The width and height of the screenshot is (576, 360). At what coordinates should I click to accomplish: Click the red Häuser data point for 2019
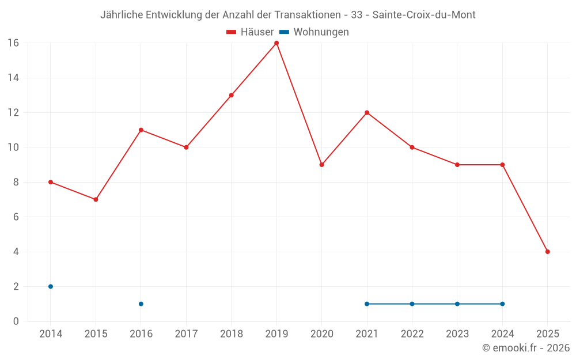tap(276, 43)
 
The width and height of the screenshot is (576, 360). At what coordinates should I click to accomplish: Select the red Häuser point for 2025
tap(547, 252)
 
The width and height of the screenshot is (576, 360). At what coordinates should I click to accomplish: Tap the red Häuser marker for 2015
tap(96, 199)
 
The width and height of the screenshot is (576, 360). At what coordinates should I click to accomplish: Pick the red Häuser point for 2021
tap(367, 112)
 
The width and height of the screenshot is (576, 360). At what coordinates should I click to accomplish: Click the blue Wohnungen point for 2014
tap(51, 286)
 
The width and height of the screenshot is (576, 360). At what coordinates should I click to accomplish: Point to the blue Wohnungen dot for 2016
tap(141, 304)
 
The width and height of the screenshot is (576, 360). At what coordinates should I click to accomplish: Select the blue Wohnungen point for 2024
tap(502, 304)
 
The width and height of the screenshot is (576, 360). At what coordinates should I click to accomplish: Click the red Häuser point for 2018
tap(232, 95)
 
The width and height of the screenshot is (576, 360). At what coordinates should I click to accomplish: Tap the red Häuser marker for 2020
tap(321, 165)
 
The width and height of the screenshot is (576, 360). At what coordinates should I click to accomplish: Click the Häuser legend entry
tap(250, 32)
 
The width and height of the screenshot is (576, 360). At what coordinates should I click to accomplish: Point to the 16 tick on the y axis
tap(13, 43)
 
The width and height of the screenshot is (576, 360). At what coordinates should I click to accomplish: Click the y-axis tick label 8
tap(16, 182)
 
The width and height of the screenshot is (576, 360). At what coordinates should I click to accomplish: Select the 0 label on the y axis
tap(16, 321)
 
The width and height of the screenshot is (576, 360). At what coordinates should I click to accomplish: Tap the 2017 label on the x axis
tap(186, 334)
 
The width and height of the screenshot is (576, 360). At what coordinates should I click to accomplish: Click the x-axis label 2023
tap(457, 334)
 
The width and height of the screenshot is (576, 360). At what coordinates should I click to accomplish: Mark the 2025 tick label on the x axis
tap(547, 334)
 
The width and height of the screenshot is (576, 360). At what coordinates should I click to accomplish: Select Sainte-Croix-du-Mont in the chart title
tap(424, 15)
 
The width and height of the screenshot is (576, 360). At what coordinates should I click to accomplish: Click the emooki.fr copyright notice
tap(525, 348)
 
